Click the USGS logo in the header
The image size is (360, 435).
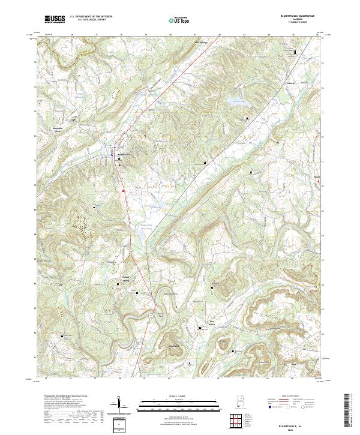pos(55,19)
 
